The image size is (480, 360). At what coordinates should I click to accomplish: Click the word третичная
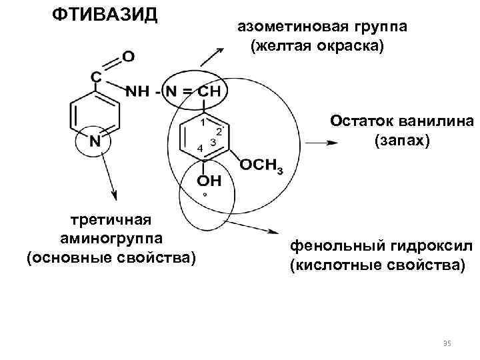coord(111,219)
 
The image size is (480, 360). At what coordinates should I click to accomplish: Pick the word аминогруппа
coord(111,238)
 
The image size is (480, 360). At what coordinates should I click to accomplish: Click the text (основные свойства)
coord(111,257)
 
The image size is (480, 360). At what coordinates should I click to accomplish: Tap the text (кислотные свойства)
coord(376,266)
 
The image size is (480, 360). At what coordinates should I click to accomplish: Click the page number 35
coord(447,343)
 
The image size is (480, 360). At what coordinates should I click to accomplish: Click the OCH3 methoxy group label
coord(261,165)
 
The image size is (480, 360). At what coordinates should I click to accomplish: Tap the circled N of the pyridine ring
coord(95,141)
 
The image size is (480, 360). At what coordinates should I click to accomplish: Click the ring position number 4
coord(200,147)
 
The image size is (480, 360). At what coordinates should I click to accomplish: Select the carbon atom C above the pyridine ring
coord(96,77)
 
